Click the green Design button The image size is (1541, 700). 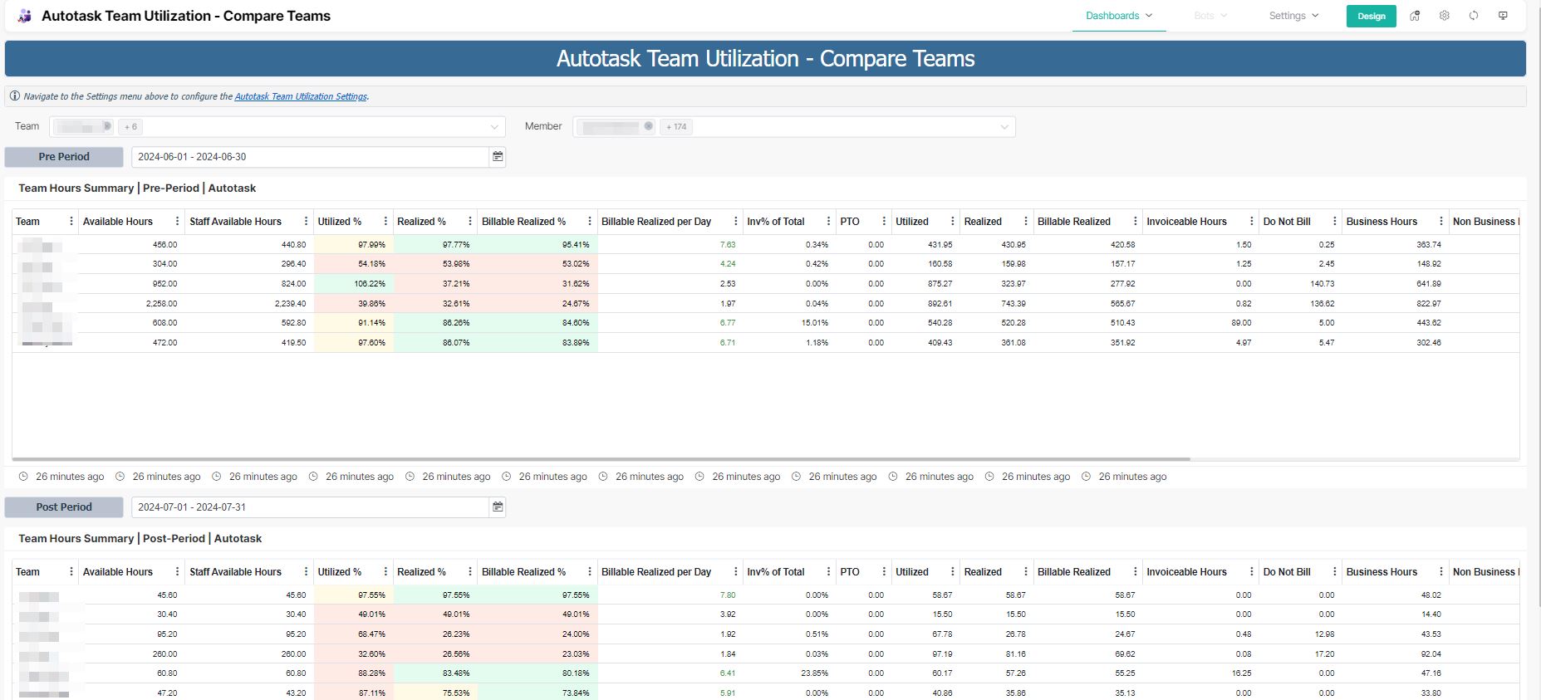point(1371,16)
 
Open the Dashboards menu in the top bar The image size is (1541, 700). point(1118,16)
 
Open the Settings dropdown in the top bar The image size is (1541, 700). point(1293,16)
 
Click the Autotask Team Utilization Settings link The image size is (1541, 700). point(301,96)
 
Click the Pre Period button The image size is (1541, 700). point(64,157)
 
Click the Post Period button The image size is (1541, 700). point(64,507)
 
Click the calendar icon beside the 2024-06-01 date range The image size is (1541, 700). point(498,157)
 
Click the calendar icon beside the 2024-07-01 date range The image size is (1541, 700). point(498,507)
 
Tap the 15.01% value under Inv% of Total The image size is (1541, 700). point(814,323)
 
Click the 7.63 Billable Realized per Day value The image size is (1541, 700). point(727,245)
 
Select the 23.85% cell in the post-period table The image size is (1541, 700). point(814,673)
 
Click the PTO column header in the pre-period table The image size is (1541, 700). point(850,222)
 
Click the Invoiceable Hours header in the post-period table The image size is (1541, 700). point(1186,572)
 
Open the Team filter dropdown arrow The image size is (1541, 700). point(494,127)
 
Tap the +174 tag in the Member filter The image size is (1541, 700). point(676,127)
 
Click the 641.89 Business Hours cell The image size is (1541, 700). point(1429,284)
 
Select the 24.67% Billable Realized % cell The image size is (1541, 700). point(576,304)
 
